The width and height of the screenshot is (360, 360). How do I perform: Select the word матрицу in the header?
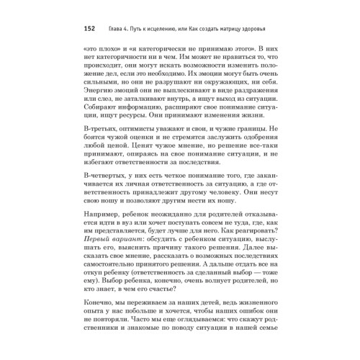click(x=233, y=30)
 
